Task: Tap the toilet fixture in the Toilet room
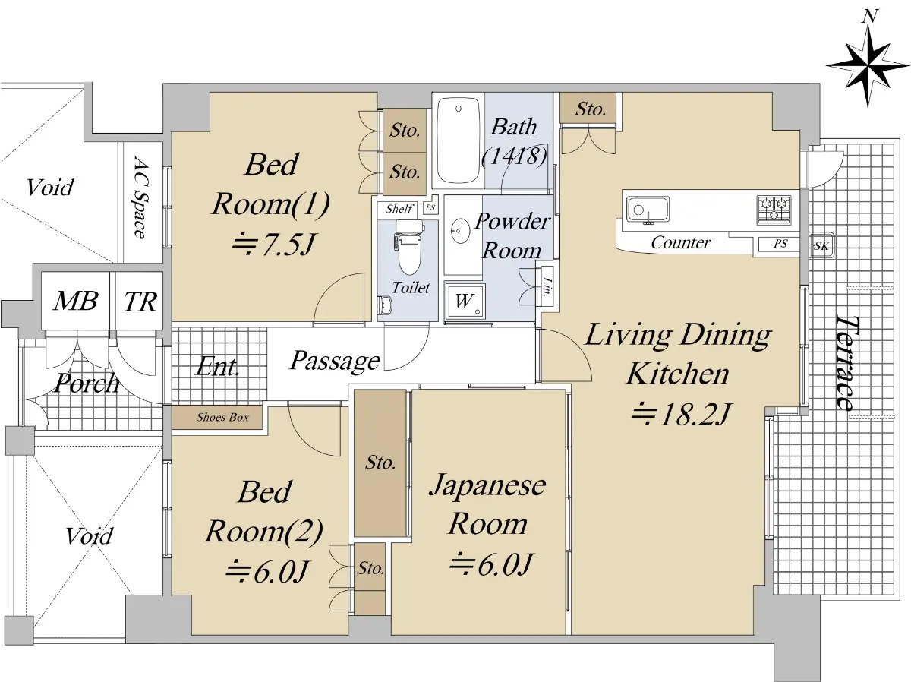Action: click(409, 248)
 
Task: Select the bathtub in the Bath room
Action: click(458, 141)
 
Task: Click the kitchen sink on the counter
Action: click(648, 210)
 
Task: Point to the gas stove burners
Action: click(774, 210)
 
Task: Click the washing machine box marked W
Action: click(465, 301)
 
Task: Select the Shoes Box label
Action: click(222, 417)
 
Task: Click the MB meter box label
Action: click(75, 301)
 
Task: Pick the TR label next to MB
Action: click(140, 302)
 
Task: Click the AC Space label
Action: click(140, 197)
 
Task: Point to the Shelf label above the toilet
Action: click(399, 208)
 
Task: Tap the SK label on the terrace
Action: click(821, 246)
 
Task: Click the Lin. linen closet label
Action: click(547, 286)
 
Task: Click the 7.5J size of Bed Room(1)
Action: click(273, 244)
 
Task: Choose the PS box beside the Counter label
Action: click(779, 243)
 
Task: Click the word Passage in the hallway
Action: click(335, 360)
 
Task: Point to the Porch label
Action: click(87, 383)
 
